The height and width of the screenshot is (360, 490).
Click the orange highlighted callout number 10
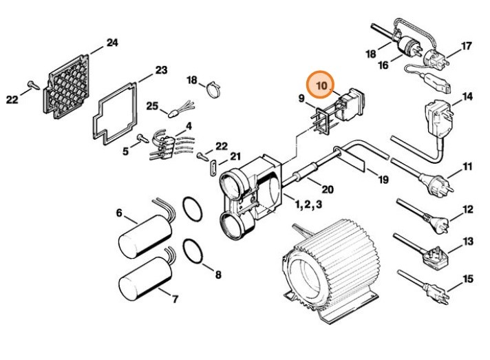[x=321, y=86]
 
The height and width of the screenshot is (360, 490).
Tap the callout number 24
[x=111, y=43]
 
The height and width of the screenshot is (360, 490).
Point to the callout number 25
[x=152, y=106]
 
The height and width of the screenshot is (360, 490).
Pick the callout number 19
[x=383, y=180]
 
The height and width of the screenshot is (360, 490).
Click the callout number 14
[x=467, y=96]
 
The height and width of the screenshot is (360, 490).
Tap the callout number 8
[x=217, y=275]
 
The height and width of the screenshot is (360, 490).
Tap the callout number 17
[x=467, y=46]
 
